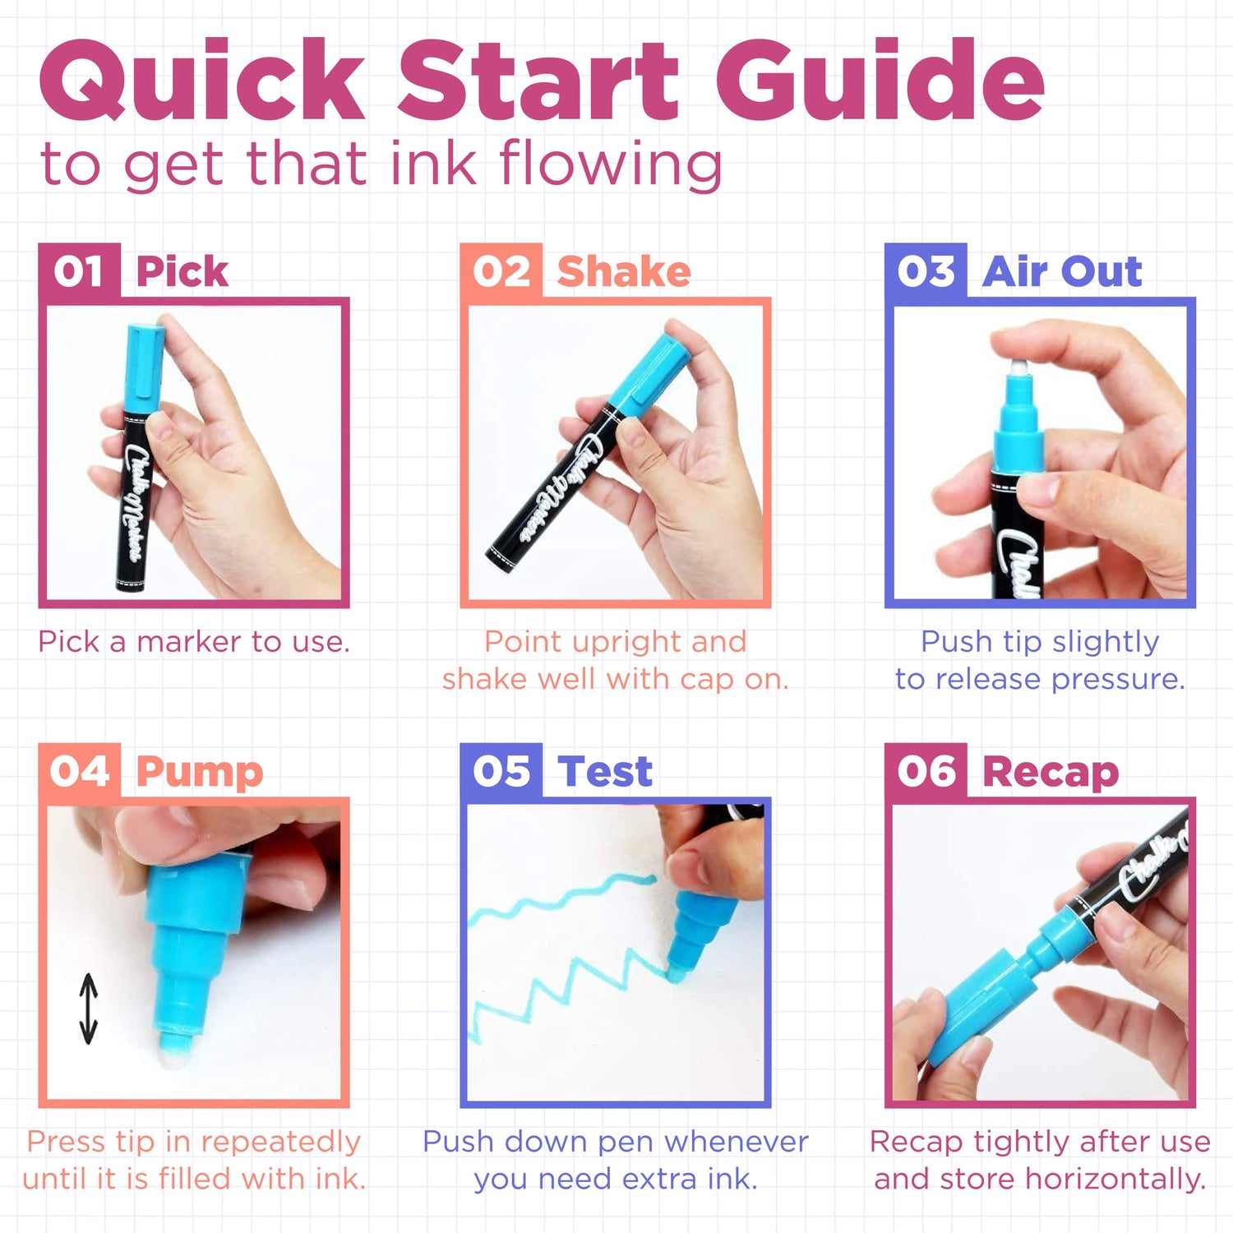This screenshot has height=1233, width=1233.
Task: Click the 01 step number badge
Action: pos(79,271)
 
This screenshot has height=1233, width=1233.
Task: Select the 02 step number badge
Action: pos(501,271)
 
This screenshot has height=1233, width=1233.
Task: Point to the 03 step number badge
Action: pos(926,271)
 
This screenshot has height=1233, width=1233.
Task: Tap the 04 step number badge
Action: pos(79,771)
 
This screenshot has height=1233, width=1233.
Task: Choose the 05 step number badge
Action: pos(501,771)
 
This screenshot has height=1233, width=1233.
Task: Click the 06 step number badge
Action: pos(926,771)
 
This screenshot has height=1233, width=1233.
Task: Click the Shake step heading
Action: pos(623,272)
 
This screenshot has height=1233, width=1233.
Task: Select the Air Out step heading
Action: pos(1062,271)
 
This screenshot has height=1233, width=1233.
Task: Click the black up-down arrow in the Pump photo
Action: pos(88,1009)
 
